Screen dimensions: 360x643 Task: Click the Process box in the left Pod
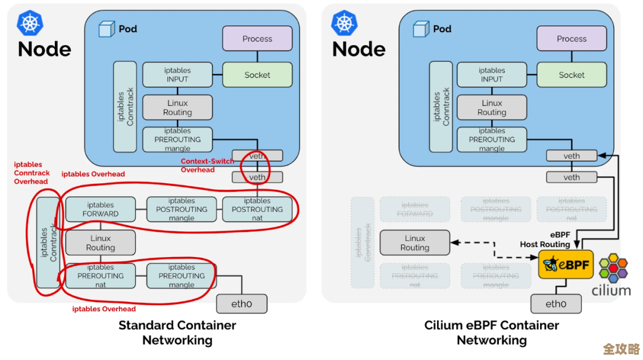pyautogui.click(x=257, y=39)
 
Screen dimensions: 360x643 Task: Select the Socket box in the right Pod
pyautogui.click(x=572, y=75)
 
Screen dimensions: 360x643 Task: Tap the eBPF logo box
pyautogui.click(x=566, y=265)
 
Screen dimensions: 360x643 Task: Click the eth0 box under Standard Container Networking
pyautogui.click(x=241, y=303)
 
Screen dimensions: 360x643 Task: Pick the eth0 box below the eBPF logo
pyautogui.click(x=555, y=303)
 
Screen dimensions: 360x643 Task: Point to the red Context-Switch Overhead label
pyautogui.click(x=207, y=165)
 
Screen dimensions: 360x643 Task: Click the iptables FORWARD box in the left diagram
pyautogui.click(x=101, y=209)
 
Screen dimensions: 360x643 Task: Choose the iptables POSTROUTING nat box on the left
pyautogui.click(x=257, y=209)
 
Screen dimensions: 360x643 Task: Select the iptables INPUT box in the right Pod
pyautogui.click(x=492, y=74)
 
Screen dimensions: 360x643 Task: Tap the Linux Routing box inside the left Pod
pyautogui.click(x=177, y=108)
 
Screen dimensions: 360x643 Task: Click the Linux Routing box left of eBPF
pyautogui.click(x=415, y=243)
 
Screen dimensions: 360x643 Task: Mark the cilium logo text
pyautogui.click(x=611, y=290)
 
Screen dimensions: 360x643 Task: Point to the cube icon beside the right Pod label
pyautogui.click(x=422, y=29)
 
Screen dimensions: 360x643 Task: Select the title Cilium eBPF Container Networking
pyautogui.click(x=492, y=333)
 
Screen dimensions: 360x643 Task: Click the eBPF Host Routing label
pyautogui.click(x=545, y=240)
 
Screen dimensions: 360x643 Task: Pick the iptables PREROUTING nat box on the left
pyautogui.click(x=101, y=276)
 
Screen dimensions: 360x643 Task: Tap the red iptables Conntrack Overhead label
pyautogui.click(x=32, y=173)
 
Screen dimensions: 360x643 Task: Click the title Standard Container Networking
pyautogui.click(x=177, y=333)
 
